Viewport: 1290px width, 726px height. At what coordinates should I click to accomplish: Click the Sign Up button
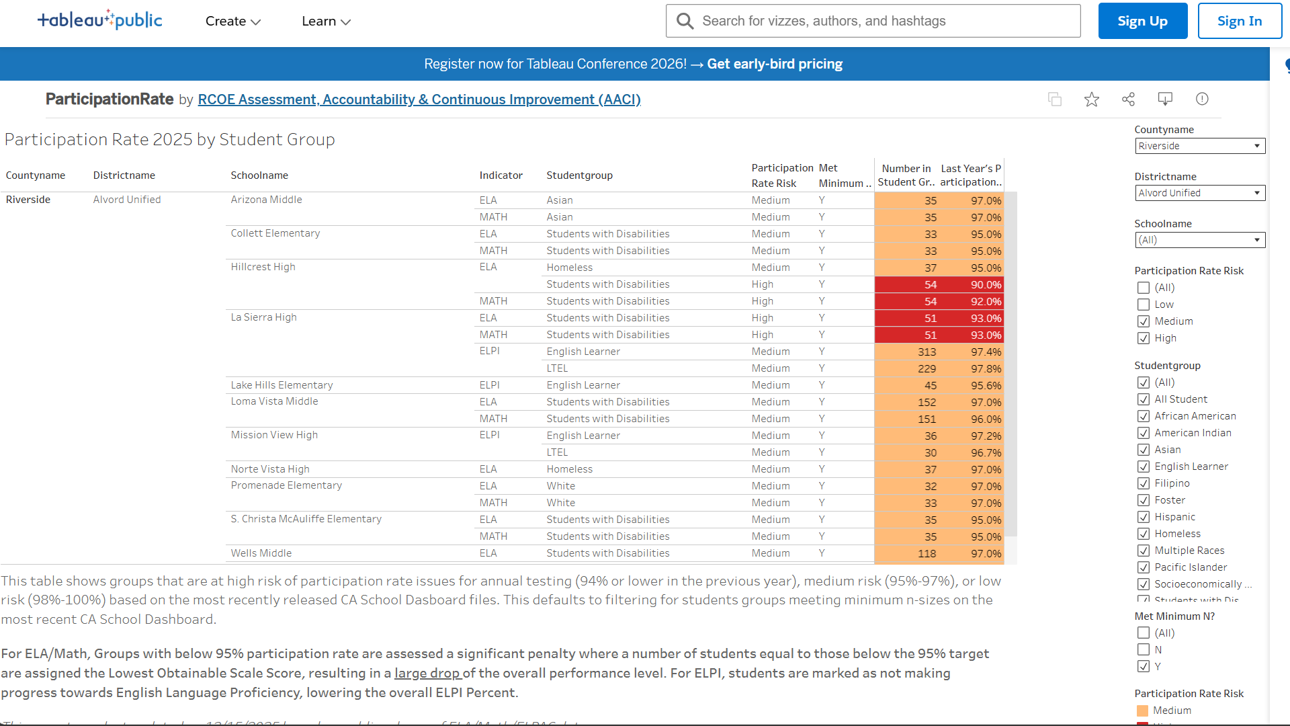coord(1142,21)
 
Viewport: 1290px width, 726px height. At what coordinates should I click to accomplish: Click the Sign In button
coord(1239,21)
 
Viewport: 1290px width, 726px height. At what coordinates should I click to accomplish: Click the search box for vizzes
coord(873,21)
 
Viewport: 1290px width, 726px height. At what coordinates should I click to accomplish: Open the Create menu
coord(232,22)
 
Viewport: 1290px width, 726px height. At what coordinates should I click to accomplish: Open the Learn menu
coord(326,22)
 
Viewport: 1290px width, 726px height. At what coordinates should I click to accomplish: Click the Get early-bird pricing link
coord(774,64)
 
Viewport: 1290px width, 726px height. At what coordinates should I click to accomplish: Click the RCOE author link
coord(419,99)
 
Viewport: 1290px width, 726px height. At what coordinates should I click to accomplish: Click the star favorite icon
coord(1092,99)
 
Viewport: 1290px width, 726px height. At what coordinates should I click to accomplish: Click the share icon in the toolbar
coord(1128,99)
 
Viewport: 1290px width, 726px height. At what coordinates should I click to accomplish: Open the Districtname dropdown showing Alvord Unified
coord(1199,193)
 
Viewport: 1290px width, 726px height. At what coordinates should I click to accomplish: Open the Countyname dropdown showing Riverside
coord(1199,146)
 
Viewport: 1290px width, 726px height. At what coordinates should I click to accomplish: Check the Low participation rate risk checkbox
coord(1144,305)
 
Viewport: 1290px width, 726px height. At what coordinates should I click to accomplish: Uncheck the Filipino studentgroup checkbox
coord(1144,483)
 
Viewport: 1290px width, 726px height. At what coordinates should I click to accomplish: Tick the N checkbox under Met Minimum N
coord(1144,649)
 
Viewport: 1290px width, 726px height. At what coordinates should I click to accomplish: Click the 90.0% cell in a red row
coord(986,284)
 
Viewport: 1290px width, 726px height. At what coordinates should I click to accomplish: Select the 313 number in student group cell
coord(927,352)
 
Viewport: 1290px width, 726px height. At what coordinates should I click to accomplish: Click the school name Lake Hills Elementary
coord(282,385)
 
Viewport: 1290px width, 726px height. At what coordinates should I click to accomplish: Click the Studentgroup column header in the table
coord(579,175)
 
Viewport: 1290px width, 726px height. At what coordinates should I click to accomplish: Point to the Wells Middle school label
coord(261,553)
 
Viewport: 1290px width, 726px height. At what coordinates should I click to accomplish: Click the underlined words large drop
coord(427,673)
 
